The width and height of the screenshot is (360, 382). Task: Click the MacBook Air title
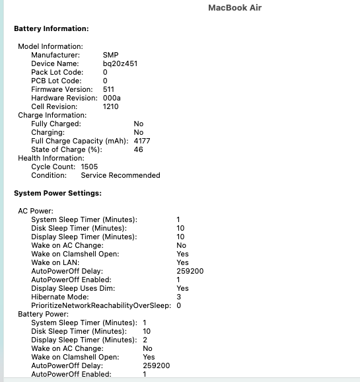[235, 8]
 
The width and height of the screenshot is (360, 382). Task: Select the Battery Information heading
[51, 29]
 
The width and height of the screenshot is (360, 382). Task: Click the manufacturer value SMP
[111, 55]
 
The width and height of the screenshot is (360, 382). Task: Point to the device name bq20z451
[120, 63]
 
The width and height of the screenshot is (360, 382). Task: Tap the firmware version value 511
[109, 89]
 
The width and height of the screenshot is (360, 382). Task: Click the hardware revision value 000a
[112, 98]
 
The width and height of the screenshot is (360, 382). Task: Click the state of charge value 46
[138, 149]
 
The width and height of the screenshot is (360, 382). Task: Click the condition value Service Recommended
[120, 175]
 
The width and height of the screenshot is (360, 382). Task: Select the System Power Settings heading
[57, 193]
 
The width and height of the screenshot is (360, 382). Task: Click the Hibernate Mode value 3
[178, 297]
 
